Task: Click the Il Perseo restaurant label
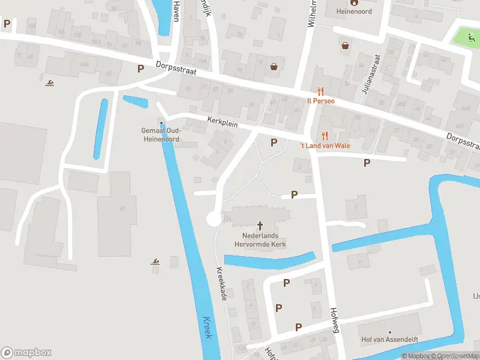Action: [321, 101]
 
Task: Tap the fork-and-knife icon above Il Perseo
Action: [321, 91]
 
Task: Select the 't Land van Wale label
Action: [325, 145]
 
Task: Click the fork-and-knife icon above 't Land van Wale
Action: [325, 136]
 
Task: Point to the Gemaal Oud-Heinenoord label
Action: [161, 134]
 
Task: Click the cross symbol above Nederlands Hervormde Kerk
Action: [260, 226]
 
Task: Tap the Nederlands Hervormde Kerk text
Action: [260, 240]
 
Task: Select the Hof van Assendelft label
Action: [389, 340]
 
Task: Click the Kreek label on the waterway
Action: [208, 327]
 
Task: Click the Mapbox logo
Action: [26, 352]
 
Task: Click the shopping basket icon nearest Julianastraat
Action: [346, 45]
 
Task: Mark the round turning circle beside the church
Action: [214, 219]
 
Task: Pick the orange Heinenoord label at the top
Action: [354, 11]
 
